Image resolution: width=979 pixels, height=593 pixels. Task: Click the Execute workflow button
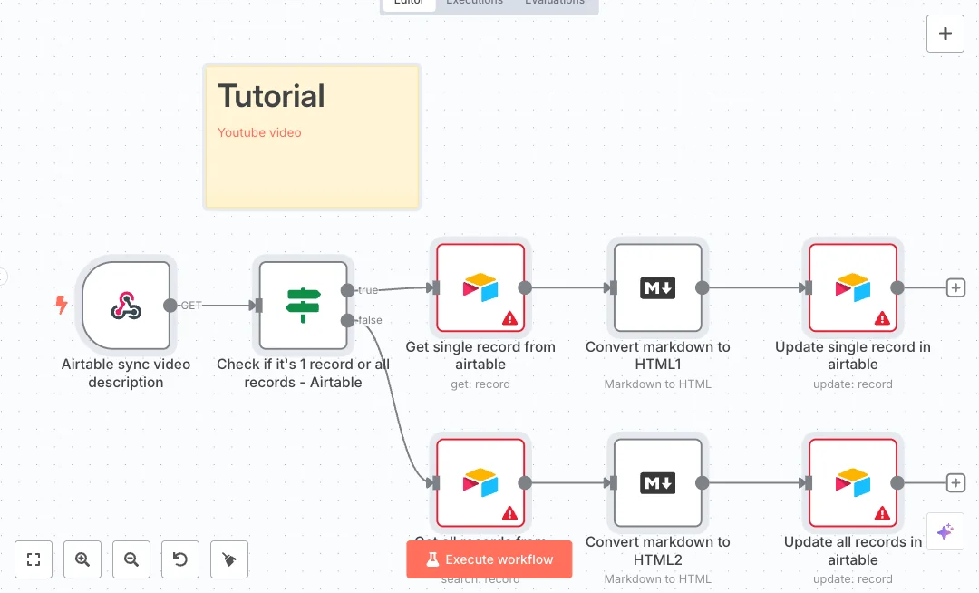point(489,559)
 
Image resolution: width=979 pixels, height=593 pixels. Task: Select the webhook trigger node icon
point(126,306)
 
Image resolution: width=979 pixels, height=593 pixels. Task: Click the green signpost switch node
point(303,306)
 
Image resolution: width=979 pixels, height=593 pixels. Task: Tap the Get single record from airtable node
point(480,287)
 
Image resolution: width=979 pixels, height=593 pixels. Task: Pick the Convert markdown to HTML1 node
point(658,287)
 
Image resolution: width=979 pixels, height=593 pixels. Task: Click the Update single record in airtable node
point(853,287)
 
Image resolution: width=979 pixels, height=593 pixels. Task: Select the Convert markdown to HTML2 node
point(658,482)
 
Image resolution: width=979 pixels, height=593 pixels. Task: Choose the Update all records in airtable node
point(853,482)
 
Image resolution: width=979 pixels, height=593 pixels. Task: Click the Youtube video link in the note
point(259,132)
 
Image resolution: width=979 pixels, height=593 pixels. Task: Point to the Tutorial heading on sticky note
point(271,96)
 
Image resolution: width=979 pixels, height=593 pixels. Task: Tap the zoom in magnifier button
point(82,559)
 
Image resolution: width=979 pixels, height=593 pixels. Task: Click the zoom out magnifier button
point(131,559)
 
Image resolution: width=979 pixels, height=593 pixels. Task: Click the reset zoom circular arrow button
point(180,559)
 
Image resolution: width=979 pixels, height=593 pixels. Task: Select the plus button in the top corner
point(945,34)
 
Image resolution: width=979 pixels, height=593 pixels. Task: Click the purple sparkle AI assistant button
point(945,531)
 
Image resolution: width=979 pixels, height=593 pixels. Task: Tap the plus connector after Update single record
point(955,287)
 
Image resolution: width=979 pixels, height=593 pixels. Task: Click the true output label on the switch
point(367,289)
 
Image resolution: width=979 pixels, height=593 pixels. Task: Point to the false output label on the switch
point(370,320)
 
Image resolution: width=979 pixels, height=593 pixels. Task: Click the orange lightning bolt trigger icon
point(62,306)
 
